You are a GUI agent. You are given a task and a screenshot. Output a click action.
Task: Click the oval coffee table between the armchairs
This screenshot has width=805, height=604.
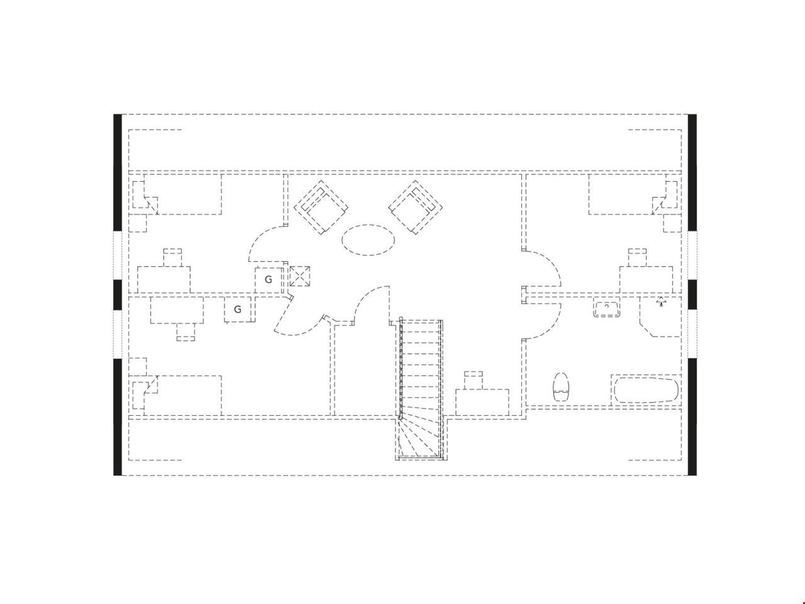[368, 240]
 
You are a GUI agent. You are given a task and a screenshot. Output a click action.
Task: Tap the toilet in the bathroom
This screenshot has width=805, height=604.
[560, 387]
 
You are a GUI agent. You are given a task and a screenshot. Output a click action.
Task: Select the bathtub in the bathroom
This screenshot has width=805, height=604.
[646, 390]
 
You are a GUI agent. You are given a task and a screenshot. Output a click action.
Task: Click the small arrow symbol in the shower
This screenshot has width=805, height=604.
[661, 301]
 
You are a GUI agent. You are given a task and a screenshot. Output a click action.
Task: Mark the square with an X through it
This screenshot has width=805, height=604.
[299, 276]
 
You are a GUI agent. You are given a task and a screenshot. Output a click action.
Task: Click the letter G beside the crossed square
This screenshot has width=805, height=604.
[269, 279]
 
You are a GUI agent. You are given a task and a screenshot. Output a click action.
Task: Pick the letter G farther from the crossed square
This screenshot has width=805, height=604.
[238, 309]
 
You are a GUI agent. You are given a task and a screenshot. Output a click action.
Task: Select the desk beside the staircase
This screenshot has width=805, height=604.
[482, 402]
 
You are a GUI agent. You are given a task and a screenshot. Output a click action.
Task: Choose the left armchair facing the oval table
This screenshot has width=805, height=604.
[321, 207]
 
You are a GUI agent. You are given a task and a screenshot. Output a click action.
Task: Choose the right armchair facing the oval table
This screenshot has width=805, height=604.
[415, 207]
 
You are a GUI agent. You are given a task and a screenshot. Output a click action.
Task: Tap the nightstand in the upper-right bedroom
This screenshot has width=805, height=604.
[672, 223]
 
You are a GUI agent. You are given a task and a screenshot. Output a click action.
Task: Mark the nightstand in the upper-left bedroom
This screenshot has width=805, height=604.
[138, 223]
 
